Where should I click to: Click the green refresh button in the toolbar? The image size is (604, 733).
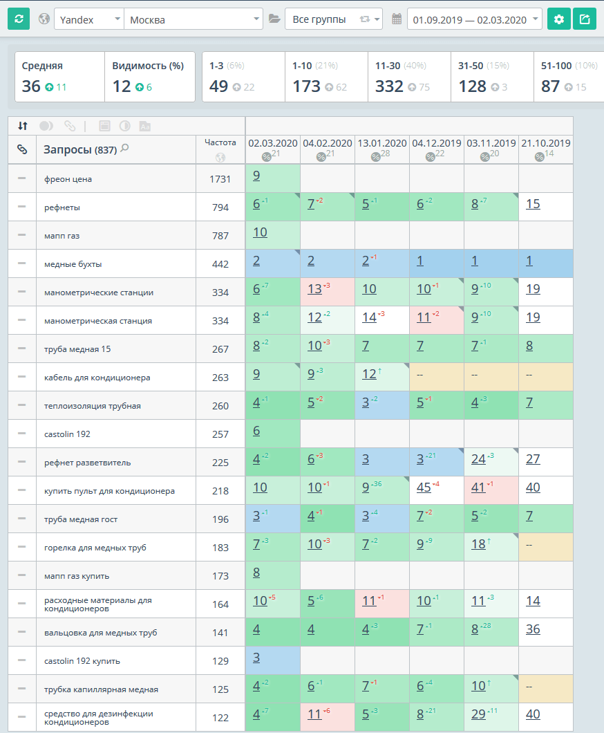[x=19, y=19]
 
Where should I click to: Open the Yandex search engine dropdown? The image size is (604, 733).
[x=88, y=19]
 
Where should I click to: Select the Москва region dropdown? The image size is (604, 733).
[x=194, y=19]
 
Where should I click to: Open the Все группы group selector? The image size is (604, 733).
[x=333, y=19]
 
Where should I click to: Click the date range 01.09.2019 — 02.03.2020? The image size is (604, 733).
[x=475, y=19]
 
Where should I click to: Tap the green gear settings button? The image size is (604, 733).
[x=559, y=19]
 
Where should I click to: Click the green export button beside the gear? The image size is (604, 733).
[x=585, y=19]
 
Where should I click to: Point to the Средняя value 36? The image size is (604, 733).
[x=31, y=86]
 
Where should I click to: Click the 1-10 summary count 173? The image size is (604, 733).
[x=306, y=86]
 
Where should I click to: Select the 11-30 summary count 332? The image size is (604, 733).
[x=390, y=86]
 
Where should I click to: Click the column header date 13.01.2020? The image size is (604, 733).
[x=381, y=143]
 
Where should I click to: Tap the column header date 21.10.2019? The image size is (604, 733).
[x=545, y=143]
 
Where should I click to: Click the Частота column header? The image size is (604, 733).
[x=220, y=142]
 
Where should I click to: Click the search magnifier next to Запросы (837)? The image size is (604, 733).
[x=124, y=148]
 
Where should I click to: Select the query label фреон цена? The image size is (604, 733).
[x=68, y=179]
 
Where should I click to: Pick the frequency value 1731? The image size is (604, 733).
[x=220, y=179]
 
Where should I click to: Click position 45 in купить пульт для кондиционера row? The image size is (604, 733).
[x=424, y=487]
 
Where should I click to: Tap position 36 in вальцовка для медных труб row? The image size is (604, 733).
[x=532, y=629]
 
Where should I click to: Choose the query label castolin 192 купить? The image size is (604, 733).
[x=82, y=661]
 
